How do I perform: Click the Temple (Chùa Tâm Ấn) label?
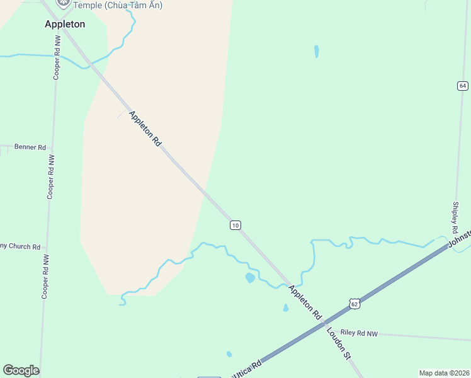pyautogui.click(x=118, y=5)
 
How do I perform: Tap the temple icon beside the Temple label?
pyautogui.click(x=63, y=3)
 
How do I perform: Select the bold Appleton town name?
pyautogui.click(x=65, y=24)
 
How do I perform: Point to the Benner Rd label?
pyautogui.click(x=30, y=147)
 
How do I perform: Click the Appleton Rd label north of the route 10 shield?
pyautogui.click(x=145, y=129)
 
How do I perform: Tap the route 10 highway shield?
pyautogui.click(x=235, y=225)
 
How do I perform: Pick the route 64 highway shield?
pyautogui.click(x=463, y=86)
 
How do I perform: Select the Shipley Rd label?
pyautogui.click(x=455, y=217)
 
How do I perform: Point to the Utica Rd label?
pyautogui.click(x=247, y=369)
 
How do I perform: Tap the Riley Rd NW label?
pyautogui.click(x=359, y=333)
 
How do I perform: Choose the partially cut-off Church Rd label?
pyautogui.click(x=20, y=246)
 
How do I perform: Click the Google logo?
pyautogui.click(x=21, y=370)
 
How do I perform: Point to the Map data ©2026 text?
pyautogui.click(x=444, y=373)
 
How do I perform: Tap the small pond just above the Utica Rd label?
pyautogui.click(x=229, y=354)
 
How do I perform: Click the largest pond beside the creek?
pyautogui.click(x=250, y=277)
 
